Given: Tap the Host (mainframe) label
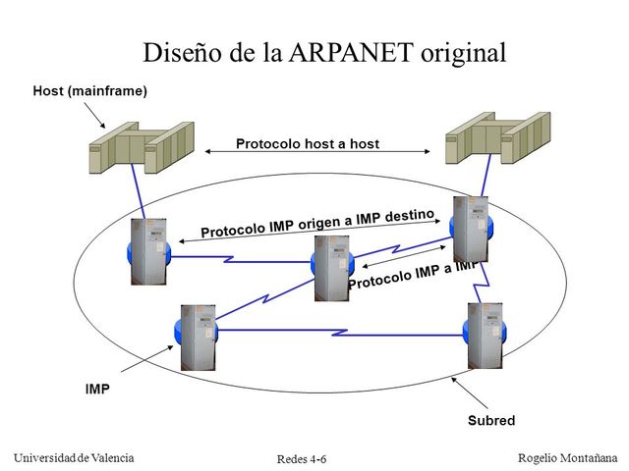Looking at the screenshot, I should tap(90, 91).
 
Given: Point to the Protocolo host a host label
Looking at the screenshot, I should tap(307, 144).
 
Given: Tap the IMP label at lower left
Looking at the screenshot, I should tap(97, 389).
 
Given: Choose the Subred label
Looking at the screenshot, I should tap(491, 420).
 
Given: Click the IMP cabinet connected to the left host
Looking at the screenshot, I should tap(148, 252).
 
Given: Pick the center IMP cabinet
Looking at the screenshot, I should tap(332, 265).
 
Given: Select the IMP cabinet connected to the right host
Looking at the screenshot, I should tap(469, 229).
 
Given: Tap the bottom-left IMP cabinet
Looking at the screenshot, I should tap(198, 337).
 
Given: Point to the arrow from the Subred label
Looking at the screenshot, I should tap(471, 392).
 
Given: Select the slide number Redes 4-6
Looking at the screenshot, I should tap(302, 459).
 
